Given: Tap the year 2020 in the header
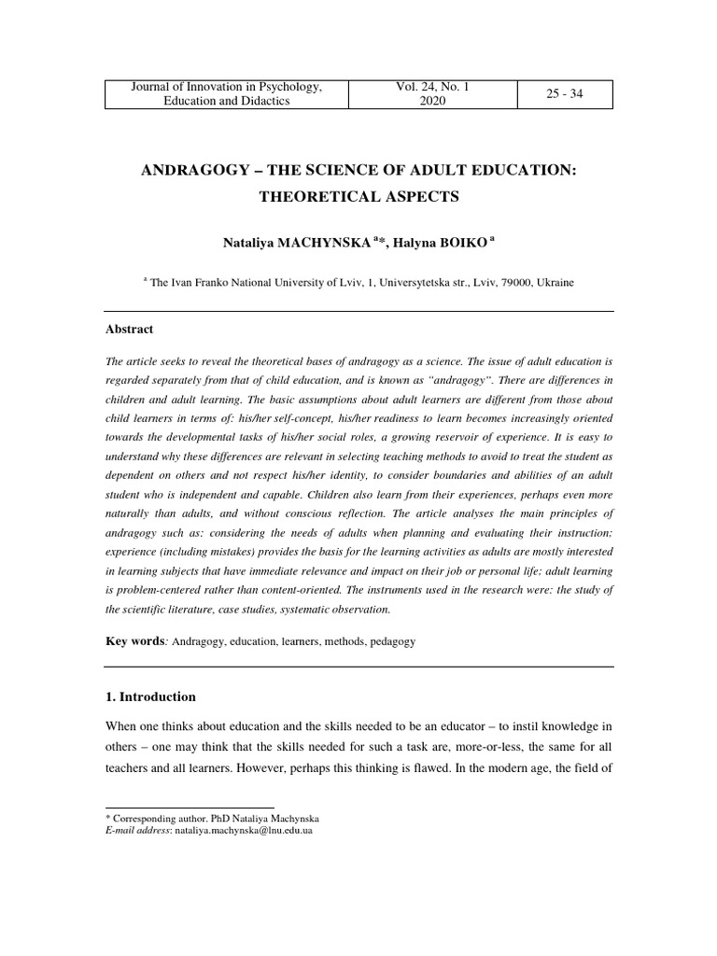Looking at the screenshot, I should pyautogui.click(x=433, y=101).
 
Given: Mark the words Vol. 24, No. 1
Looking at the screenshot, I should pyautogui.click(x=433, y=87).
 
